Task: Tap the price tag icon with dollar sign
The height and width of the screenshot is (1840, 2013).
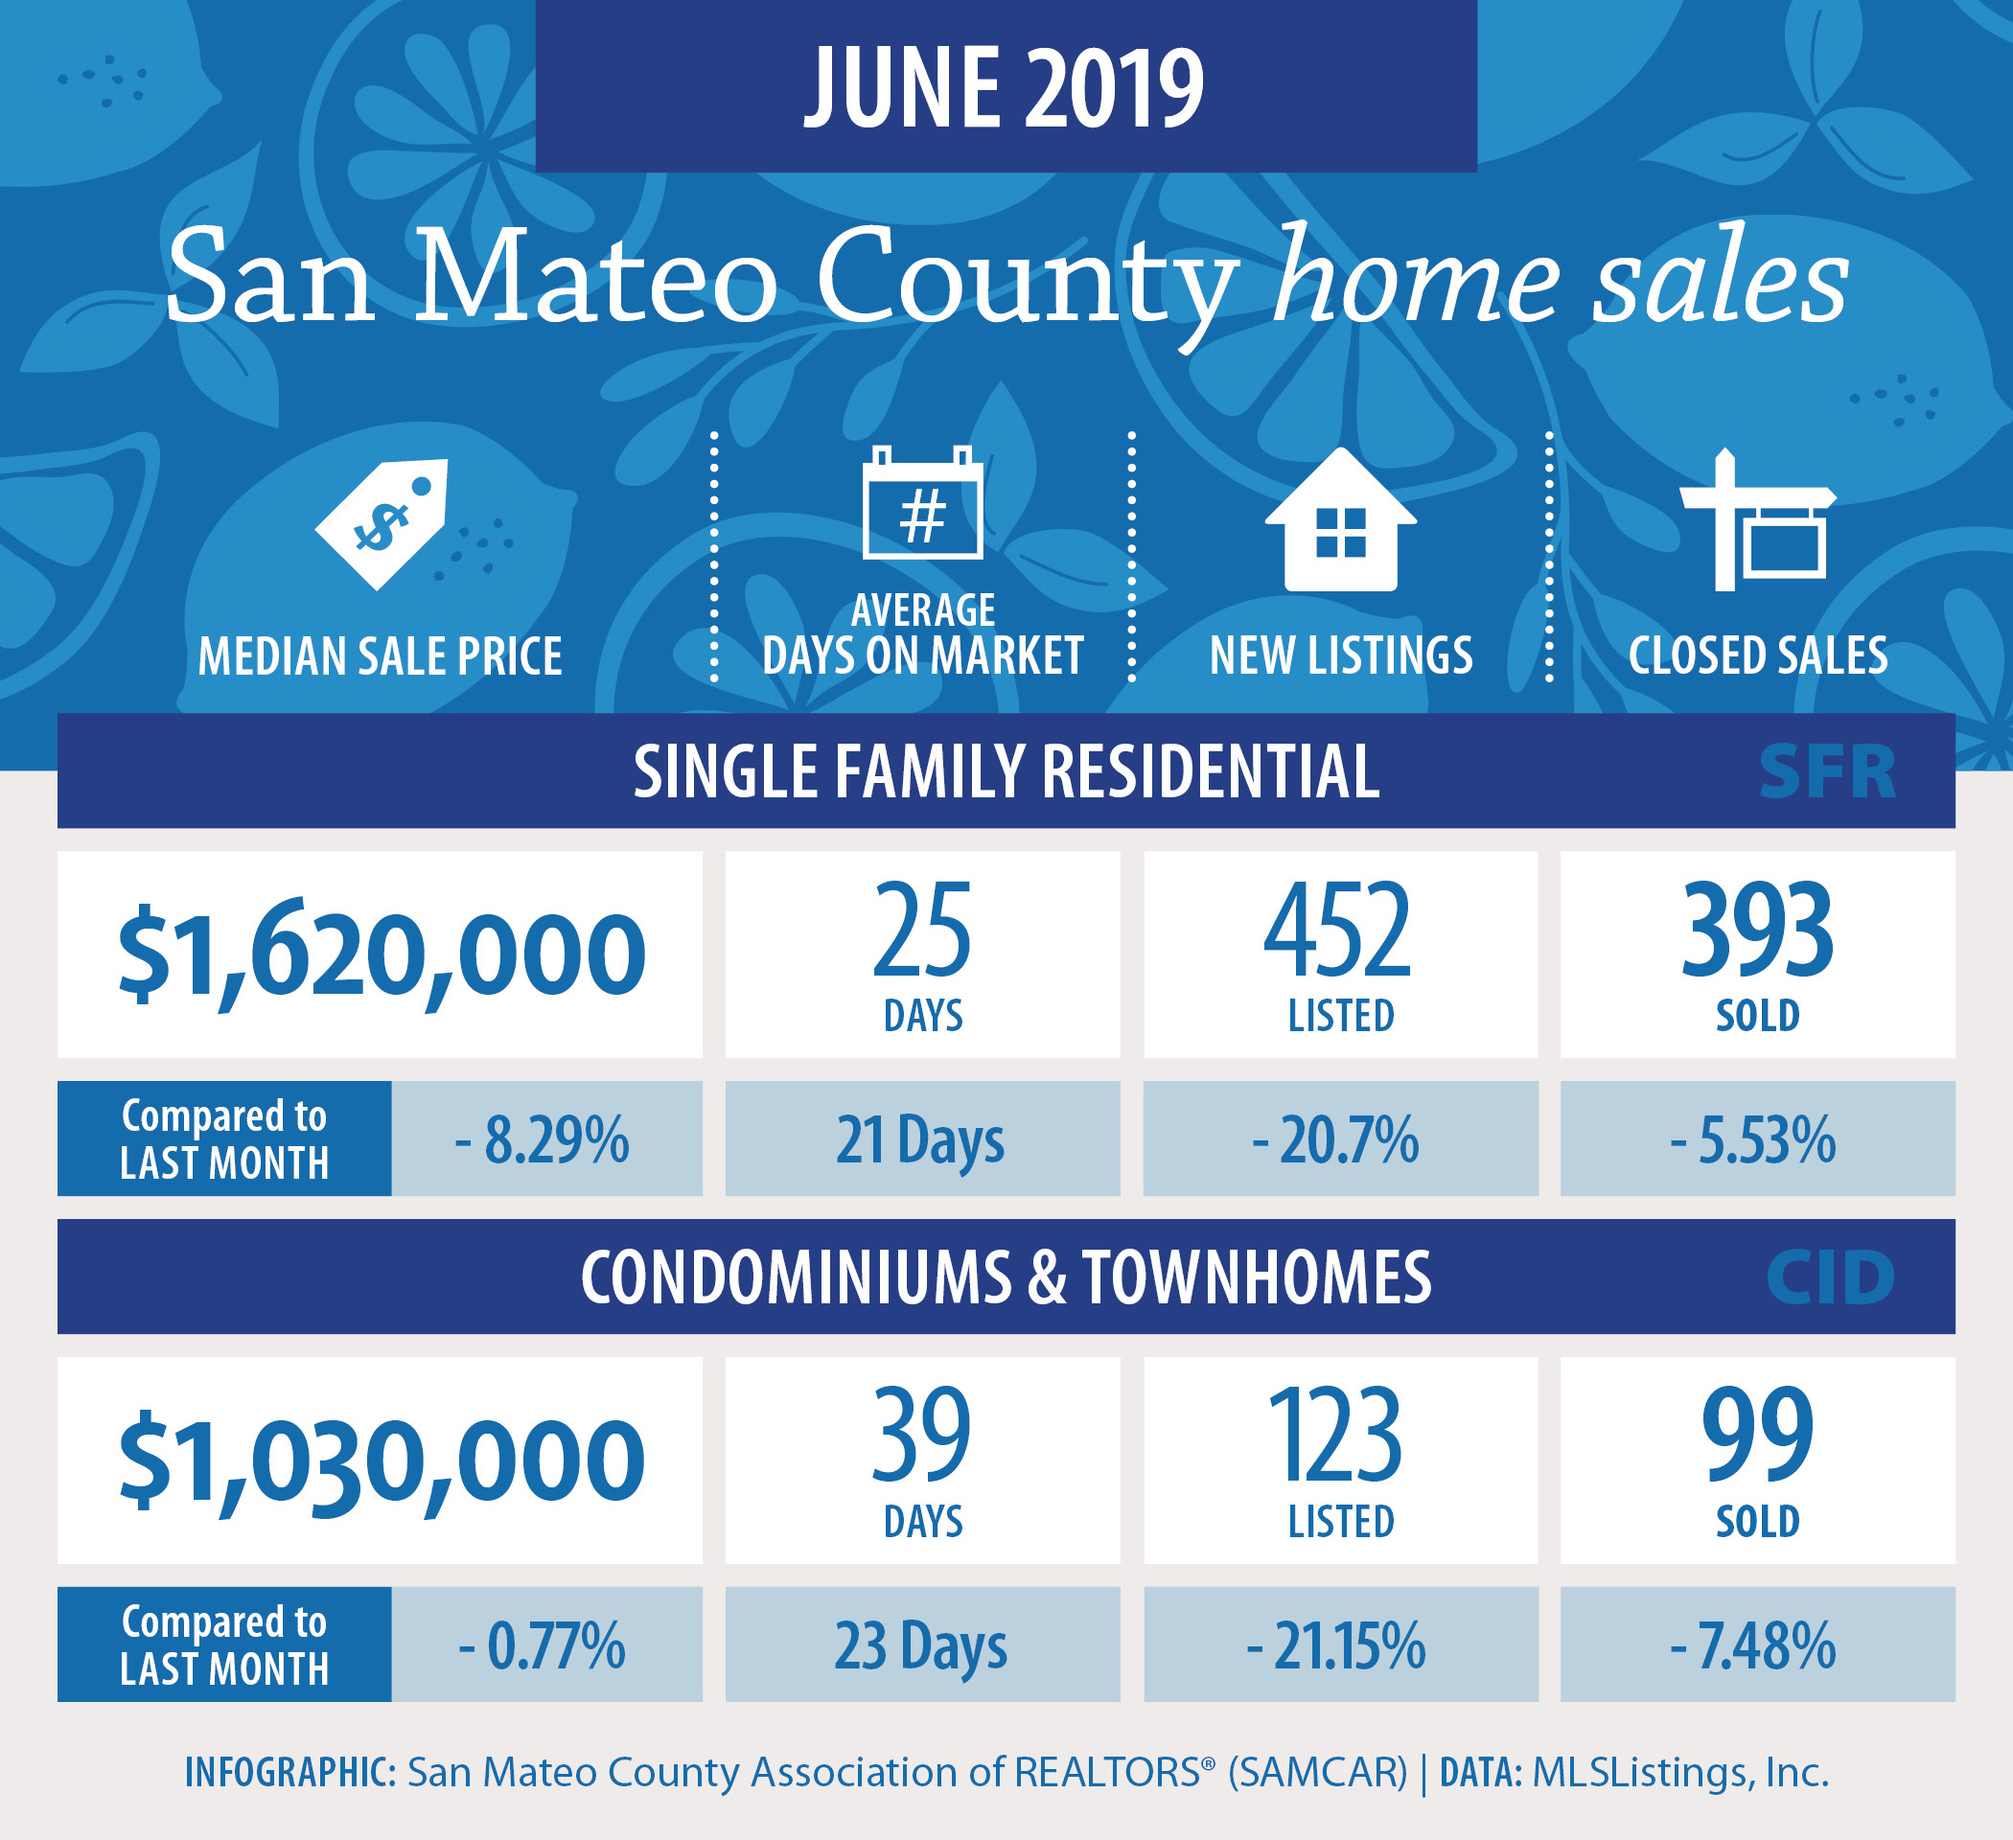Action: coord(382,524)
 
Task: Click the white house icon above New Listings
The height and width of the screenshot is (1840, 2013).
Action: coord(1340,519)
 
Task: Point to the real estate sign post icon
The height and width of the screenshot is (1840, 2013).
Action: coord(1757,520)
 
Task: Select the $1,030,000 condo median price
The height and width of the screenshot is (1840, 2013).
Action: coord(382,1460)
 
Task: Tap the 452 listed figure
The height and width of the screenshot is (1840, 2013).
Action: coord(1338,931)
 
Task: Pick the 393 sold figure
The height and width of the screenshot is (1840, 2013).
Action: coord(1757,931)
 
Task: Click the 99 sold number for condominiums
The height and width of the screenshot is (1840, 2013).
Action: coord(1757,1436)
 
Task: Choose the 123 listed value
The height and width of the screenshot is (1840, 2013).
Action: coord(1336,1436)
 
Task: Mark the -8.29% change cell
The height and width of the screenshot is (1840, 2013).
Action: coord(546,1138)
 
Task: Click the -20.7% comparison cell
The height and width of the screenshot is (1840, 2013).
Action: coord(1340,1138)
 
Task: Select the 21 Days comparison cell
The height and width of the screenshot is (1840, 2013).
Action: coord(922,1138)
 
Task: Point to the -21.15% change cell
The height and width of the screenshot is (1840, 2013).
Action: coord(1340,1644)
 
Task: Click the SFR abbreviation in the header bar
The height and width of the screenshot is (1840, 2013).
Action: coord(1826,771)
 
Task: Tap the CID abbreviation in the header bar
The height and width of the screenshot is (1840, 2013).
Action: coord(1829,1276)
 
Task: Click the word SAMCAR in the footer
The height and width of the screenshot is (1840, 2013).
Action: coord(1318,1772)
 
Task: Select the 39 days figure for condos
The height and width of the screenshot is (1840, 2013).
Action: coord(920,1436)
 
